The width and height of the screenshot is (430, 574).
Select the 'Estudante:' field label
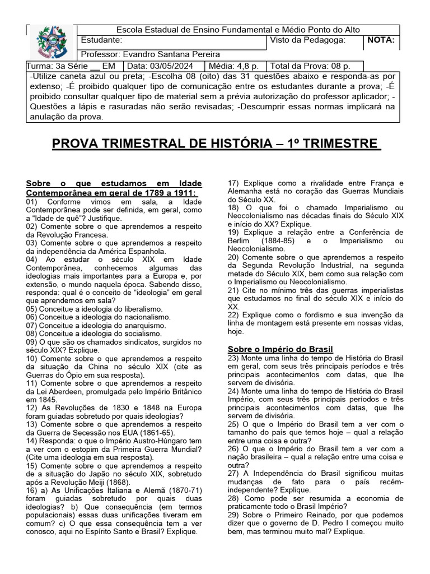coord(101,40)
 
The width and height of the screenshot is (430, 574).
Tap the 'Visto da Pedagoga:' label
coord(307,40)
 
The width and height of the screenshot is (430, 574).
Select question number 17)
coord(234,183)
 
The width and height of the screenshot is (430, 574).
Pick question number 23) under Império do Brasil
coord(234,358)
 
